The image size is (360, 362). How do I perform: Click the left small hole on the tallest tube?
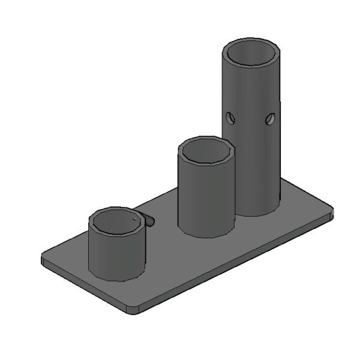(x=229, y=117)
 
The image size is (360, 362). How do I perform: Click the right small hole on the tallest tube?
(x=271, y=119)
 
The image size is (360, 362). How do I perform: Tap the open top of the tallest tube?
(x=251, y=53)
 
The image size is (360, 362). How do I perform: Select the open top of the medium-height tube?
(x=206, y=150)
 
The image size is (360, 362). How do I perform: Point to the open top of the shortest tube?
(x=118, y=222)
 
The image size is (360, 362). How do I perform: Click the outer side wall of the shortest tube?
(x=117, y=258)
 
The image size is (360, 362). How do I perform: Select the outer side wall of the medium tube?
(x=206, y=198)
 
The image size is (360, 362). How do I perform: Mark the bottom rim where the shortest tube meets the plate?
(x=117, y=279)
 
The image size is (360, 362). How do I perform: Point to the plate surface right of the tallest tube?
(x=300, y=207)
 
